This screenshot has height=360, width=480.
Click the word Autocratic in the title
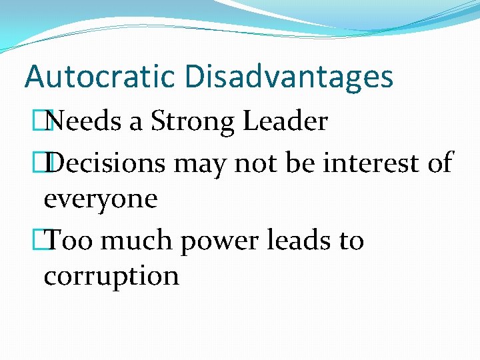[x=101, y=77]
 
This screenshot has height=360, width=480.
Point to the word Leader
[x=285, y=122]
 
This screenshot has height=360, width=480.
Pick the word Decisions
[x=109, y=162]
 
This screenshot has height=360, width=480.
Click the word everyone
[x=100, y=199]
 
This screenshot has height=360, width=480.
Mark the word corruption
[x=111, y=275]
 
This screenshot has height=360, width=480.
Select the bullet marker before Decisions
[x=46, y=162]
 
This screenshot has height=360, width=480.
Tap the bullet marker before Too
[x=46, y=239]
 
